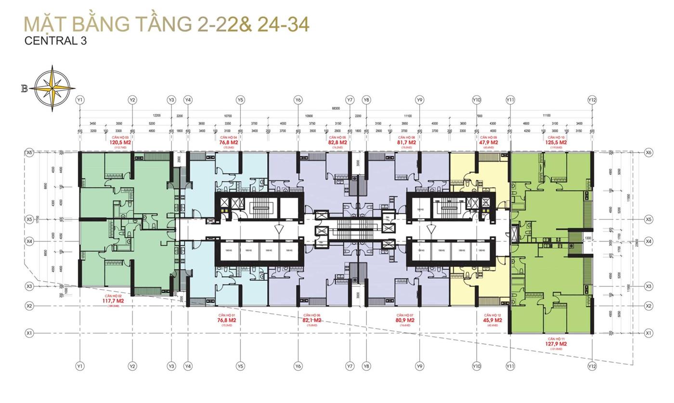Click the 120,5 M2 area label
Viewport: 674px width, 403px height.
[120, 143]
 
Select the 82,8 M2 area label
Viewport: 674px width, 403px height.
[337, 143]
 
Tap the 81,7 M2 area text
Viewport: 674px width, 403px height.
[406, 143]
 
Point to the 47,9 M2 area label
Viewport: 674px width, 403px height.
[489, 143]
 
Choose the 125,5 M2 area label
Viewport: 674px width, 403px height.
[557, 143]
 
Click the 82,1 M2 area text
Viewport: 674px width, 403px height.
[311, 320]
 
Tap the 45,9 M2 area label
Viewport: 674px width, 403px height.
[493, 320]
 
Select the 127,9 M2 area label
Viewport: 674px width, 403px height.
[557, 344]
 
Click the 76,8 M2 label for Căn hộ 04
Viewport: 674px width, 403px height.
[229, 143]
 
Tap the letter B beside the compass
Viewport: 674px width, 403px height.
[24, 88]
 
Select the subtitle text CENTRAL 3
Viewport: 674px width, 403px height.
[56, 41]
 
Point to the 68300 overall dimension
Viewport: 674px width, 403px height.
[336, 108]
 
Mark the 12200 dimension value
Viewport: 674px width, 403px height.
[156, 116]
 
